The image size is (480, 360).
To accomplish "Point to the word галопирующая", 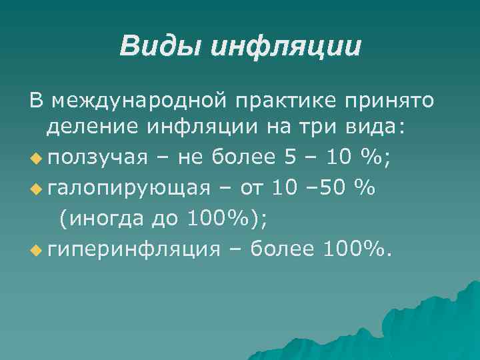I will click(x=129, y=188).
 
